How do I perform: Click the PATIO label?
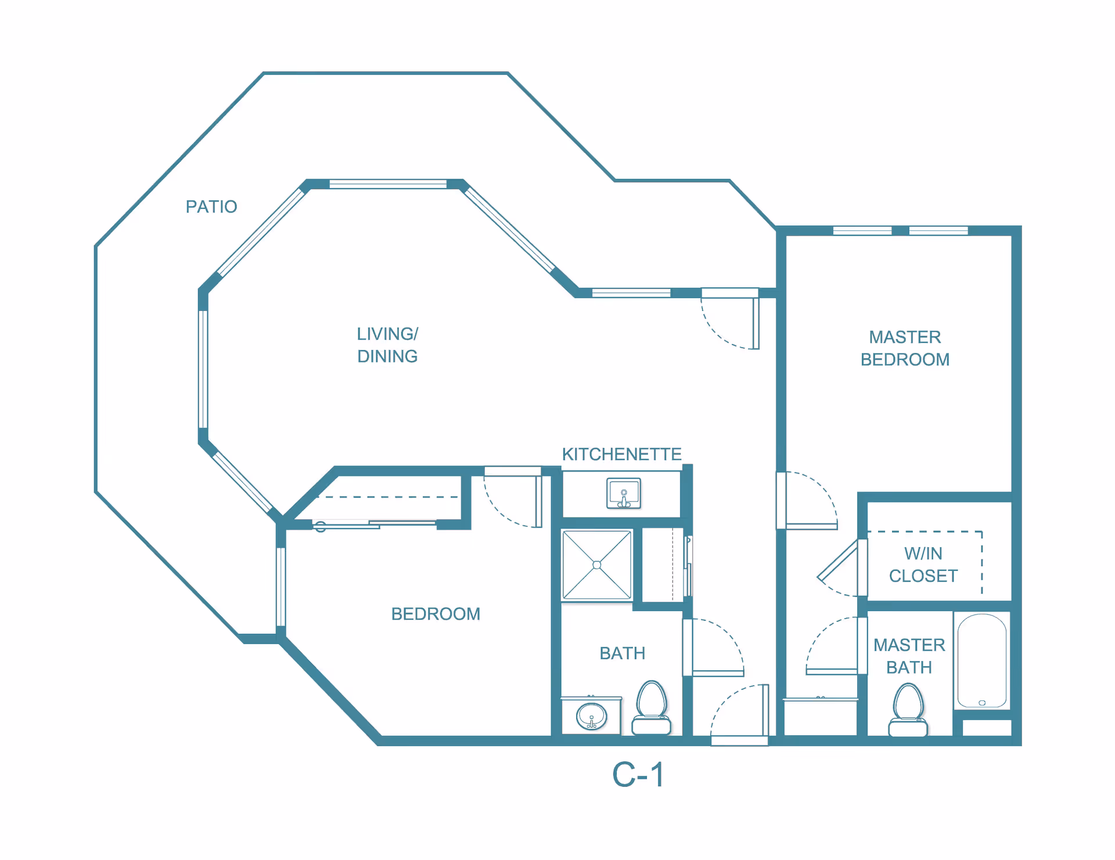(x=211, y=207)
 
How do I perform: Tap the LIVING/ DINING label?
(x=387, y=345)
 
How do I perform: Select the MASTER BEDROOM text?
(x=905, y=348)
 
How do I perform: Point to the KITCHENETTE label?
(x=621, y=454)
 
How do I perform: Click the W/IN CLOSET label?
(x=923, y=565)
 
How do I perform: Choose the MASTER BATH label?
(x=909, y=656)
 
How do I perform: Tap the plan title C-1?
(x=638, y=775)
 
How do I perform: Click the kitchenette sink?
(x=624, y=493)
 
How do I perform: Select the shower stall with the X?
(x=597, y=565)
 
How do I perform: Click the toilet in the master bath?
(x=908, y=710)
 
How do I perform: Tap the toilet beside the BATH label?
(x=652, y=707)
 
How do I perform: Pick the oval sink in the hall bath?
(x=592, y=716)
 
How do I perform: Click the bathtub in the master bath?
(x=982, y=660)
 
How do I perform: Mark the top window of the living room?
(x=388, y=185)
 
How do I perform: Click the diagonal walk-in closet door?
(x=837, y=560)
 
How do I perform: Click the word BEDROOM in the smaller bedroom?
(x=436, y=614)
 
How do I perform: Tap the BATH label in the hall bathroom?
(x=623, y=653)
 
